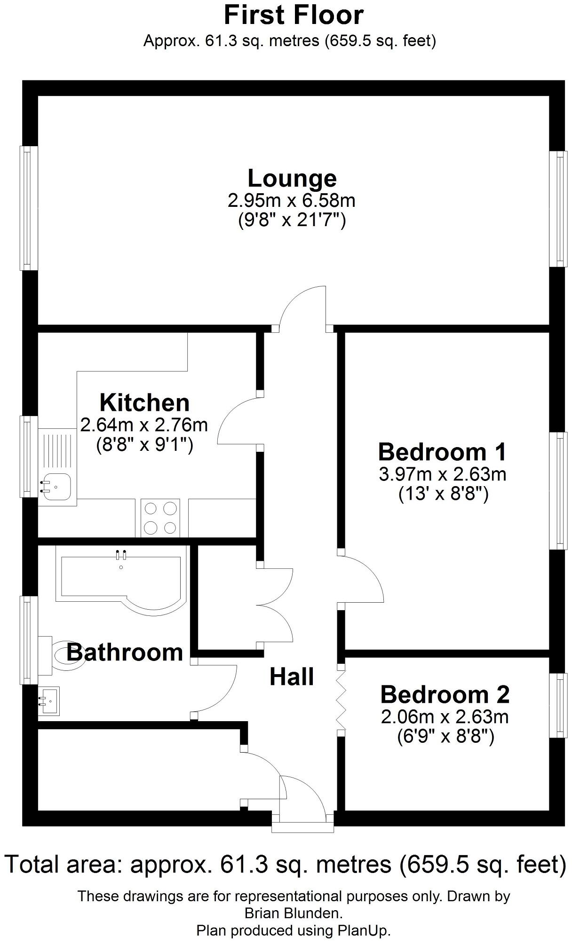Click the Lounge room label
pyautogui.click(x=292, y=179)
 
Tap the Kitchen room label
pyautogui.click(x=144, y=403)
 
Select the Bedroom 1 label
pyautogui.click(x=442, y=452)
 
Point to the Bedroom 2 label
pyautogui.click(x=445, y=695)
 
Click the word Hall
pyautogui.click(x=292, y=677)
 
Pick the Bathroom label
pyautogui.click(x=125, y=653)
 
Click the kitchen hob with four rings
pyautogui.click(x=160, y=518)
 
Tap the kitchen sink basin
pyautogui.click(x=56, y=487)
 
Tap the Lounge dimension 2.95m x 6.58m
pyautogui.click(x=292, y=201)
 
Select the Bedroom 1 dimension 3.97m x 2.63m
pyautogui.click(x=442, y=474)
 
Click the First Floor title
pyautogui.click(x=294, y=15)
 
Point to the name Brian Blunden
pyautogui.click(x=294, y=913)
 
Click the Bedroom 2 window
pyautogui.click(x=558, y=705)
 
